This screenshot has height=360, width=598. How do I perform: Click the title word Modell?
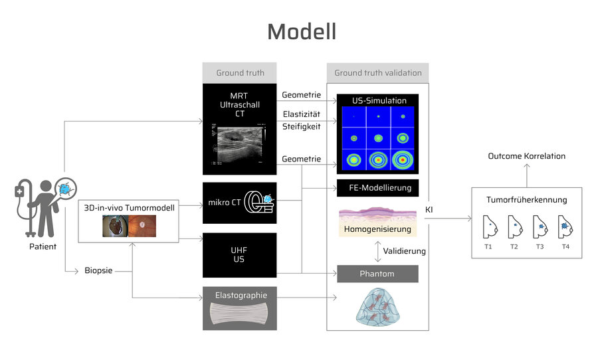pyautogui.click(x=301, y=32)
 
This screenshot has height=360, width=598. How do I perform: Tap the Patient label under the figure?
pyautogui.click(x=43, y=246)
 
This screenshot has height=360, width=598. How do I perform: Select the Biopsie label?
pyautogui.click(x=98, y=270)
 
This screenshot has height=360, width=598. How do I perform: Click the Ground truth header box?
pyautogui.click(x=240, y=73)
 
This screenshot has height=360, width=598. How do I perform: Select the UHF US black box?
pyautogui.click(x=239, y=255)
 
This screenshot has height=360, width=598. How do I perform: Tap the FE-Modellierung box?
pyautogui.click(x=377, y=188)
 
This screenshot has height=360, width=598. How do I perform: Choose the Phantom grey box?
pyautogui.click(x=377, y=274)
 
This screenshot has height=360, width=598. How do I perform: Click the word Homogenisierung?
pyautogui.click(x=377, y=229)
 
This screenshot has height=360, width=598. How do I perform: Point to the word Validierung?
pyautogui.click(x=404, y=251)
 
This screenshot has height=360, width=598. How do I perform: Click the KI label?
pyautogui.click(x=429, y=210)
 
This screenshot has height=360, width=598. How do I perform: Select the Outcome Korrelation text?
pyautogui.click(x=526, y=156)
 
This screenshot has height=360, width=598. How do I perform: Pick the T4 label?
pyautogui.click(x=565, y=246)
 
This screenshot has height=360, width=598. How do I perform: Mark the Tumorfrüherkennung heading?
pyautogui.click(x=526, y=200)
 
